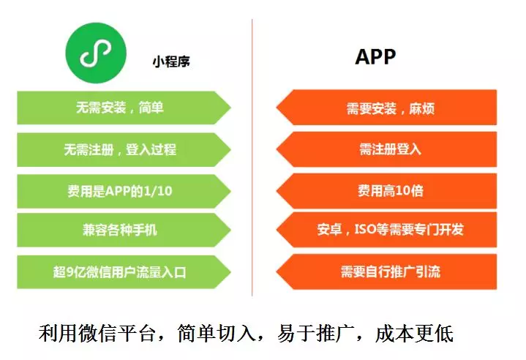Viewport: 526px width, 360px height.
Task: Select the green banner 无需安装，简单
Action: point(121,108)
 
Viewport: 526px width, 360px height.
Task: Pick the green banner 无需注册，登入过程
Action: point(121,150)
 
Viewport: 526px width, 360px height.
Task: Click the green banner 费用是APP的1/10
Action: point(121,191)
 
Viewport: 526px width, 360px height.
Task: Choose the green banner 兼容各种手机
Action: point(121,231)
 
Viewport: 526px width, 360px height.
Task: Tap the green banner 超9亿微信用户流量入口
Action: point(121,272)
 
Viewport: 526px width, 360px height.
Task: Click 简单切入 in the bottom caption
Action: point(216,334)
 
